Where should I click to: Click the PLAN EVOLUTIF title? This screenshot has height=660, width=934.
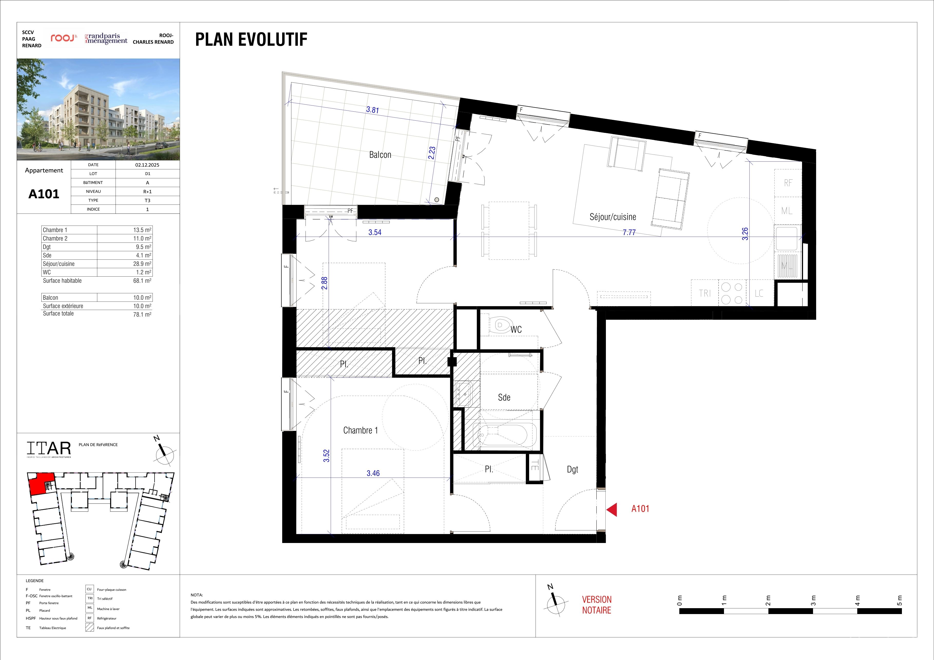click(x=251, y=40)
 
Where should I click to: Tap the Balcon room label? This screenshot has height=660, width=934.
click(x=380, y=154)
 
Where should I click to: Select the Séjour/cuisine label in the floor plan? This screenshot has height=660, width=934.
click(x=613, y=217)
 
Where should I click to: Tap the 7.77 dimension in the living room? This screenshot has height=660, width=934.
click(x=629, y=232)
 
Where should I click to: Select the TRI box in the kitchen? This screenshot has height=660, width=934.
click(x=705, y=293)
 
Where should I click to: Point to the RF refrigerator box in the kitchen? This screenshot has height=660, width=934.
click(x=788, y=183)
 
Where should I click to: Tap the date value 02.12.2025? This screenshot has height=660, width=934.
click(x=147, y=165)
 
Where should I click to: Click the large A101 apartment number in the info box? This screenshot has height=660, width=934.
click(x=44, y=194)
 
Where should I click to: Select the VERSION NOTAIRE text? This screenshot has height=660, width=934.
click(x=597, y=605)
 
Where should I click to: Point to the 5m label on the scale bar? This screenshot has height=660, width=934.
click(x=899, y=600)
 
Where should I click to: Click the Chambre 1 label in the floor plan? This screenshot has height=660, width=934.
click(x=360, y=430)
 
